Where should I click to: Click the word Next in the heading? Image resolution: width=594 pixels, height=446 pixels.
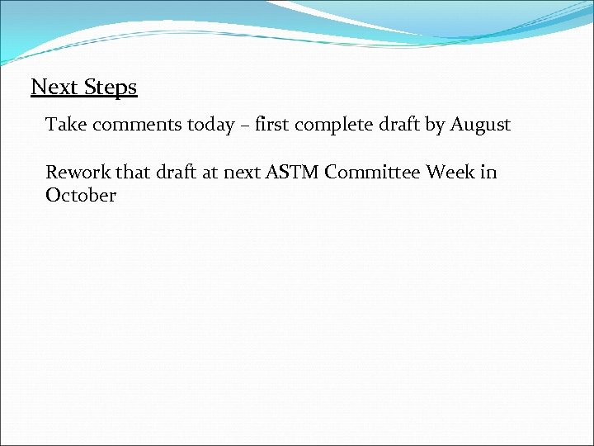click(54, 87)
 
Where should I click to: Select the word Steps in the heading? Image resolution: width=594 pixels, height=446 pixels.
click(110, 88)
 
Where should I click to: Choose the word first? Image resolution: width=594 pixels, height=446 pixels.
click(272, 125)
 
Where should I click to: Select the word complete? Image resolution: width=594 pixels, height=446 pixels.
click(335, 126)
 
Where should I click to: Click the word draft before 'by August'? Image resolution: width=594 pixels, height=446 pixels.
click(399, 125)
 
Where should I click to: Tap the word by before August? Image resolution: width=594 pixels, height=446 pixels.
click(436, 126)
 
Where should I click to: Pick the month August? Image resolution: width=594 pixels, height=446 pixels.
click(480, 126)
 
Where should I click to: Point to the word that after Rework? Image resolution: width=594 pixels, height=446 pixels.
click(133, 172)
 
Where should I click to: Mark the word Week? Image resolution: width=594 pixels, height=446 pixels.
click(450, 172)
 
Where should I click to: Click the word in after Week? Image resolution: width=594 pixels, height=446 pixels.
click(489, 172)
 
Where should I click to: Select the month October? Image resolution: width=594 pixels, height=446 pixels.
click(81, 196)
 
